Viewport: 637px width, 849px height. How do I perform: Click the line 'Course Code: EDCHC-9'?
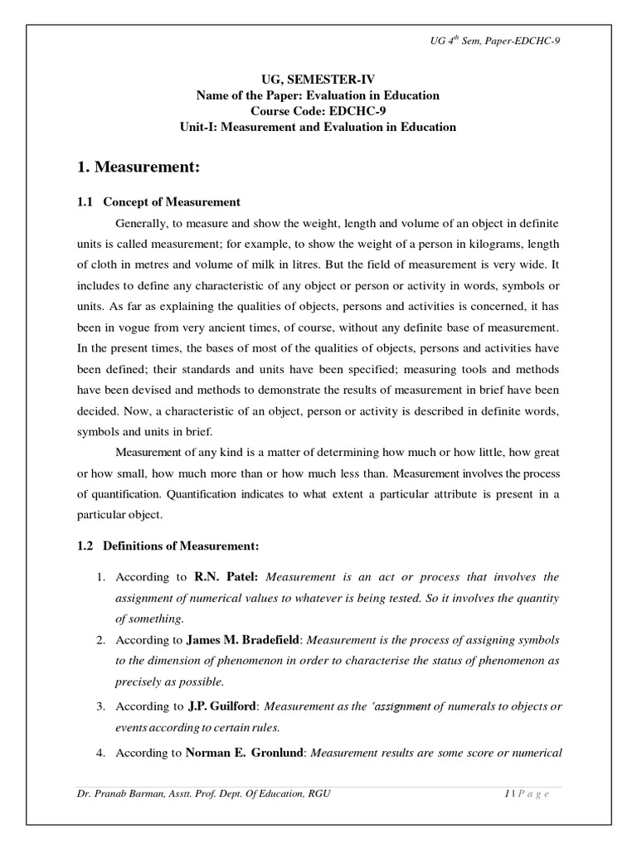[x=318, y=111]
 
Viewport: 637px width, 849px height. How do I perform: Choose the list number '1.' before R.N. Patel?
[x=100, y=577]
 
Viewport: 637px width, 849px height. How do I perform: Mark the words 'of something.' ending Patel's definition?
[x=148, y=619]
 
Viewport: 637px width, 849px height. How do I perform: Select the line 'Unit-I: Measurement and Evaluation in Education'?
[x=318, y=127]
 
